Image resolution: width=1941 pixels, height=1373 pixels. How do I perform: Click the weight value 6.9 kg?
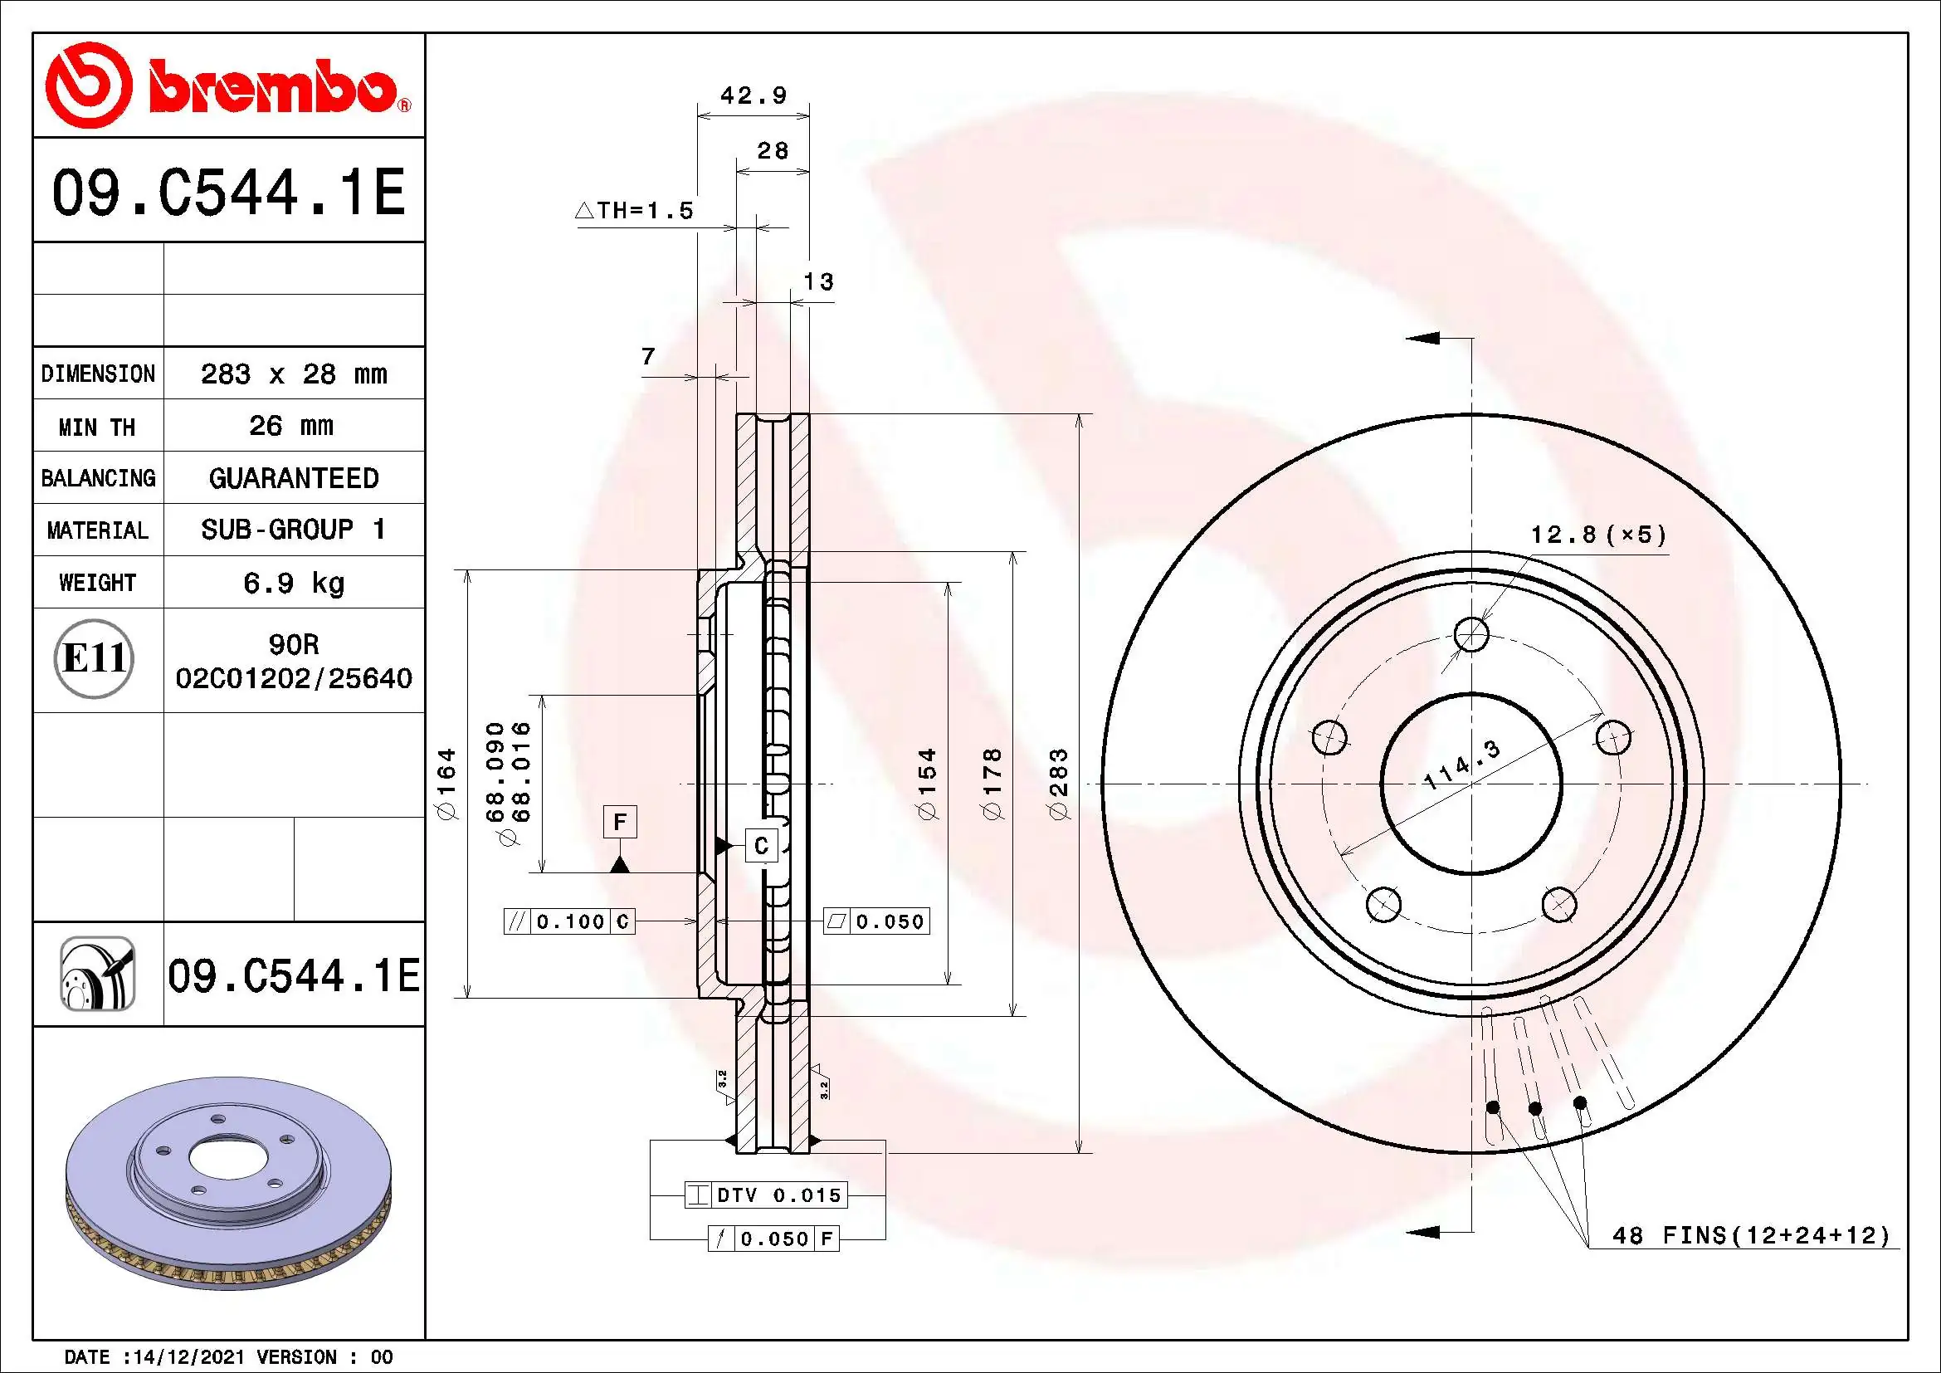point(293,583)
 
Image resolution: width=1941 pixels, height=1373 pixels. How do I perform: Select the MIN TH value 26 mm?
point(291,425)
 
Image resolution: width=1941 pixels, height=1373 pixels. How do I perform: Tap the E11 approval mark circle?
point(95,657)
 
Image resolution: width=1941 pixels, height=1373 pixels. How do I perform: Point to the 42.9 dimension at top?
point(753,95)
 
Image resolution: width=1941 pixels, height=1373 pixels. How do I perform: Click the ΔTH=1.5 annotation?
point(635,211)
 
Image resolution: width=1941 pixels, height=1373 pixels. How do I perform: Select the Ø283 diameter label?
point(1059,783)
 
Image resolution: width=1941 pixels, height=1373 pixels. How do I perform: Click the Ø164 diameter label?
point(446,783)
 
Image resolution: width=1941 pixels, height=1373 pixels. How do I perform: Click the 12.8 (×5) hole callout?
point(1597,535)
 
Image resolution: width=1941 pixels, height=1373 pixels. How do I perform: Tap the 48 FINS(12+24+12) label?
point(1751,1235)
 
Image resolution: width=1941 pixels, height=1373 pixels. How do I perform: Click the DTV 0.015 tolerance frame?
point(766,1195)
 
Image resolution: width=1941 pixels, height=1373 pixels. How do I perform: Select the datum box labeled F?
point(620,822)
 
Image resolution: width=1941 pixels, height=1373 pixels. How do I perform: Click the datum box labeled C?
point(761,845)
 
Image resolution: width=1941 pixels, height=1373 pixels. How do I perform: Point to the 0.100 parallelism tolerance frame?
point(569,921)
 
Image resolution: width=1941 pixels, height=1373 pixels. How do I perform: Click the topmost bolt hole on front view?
point(1472,634)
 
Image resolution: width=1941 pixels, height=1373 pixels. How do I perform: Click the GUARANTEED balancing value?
point(293,477)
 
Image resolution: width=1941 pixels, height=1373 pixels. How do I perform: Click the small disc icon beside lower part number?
point(97,974)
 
